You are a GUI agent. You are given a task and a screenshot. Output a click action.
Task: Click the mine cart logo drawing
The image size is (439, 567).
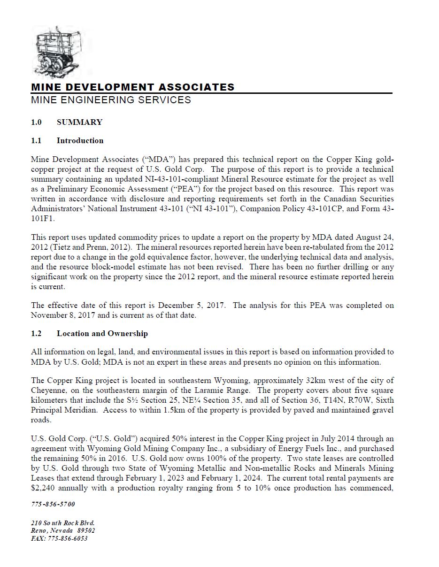[x=61, y=51]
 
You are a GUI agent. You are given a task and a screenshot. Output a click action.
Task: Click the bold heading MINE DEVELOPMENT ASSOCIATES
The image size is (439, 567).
[x=132, y=87]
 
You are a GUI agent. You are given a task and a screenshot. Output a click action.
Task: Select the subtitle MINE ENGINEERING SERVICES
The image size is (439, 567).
[x=111, y=100]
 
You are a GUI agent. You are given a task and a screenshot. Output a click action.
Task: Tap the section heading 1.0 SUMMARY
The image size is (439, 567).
[x=67, y=122]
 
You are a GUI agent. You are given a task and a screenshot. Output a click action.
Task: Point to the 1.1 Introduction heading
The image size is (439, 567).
[x=67, y=140]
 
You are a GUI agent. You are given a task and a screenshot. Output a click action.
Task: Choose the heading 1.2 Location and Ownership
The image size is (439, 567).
[x=89, y=333]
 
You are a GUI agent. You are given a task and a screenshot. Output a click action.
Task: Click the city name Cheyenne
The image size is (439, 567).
[x=48, y=391]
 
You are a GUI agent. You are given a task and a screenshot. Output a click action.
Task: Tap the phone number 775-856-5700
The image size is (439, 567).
[x=53, y=504]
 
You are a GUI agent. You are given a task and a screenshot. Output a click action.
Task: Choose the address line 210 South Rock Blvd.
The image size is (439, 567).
[x=63, y=523]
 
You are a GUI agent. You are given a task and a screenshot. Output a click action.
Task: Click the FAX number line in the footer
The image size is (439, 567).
[x=59, y=538]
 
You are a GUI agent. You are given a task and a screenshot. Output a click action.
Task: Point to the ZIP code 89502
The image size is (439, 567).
[x=86, y=530]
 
